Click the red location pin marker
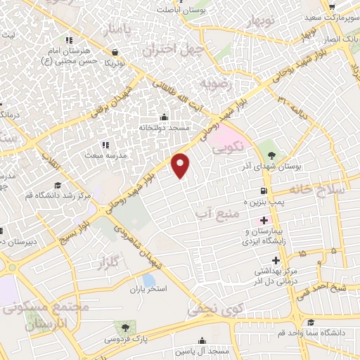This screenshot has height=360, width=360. [x=181, y=165]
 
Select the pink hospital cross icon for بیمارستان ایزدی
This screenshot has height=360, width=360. [x=263, y=220]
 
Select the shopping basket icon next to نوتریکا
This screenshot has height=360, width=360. [x=115, y=51]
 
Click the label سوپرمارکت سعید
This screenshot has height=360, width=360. [x=333, y=15]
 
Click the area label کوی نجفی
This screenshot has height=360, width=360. [x=215, y=306]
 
